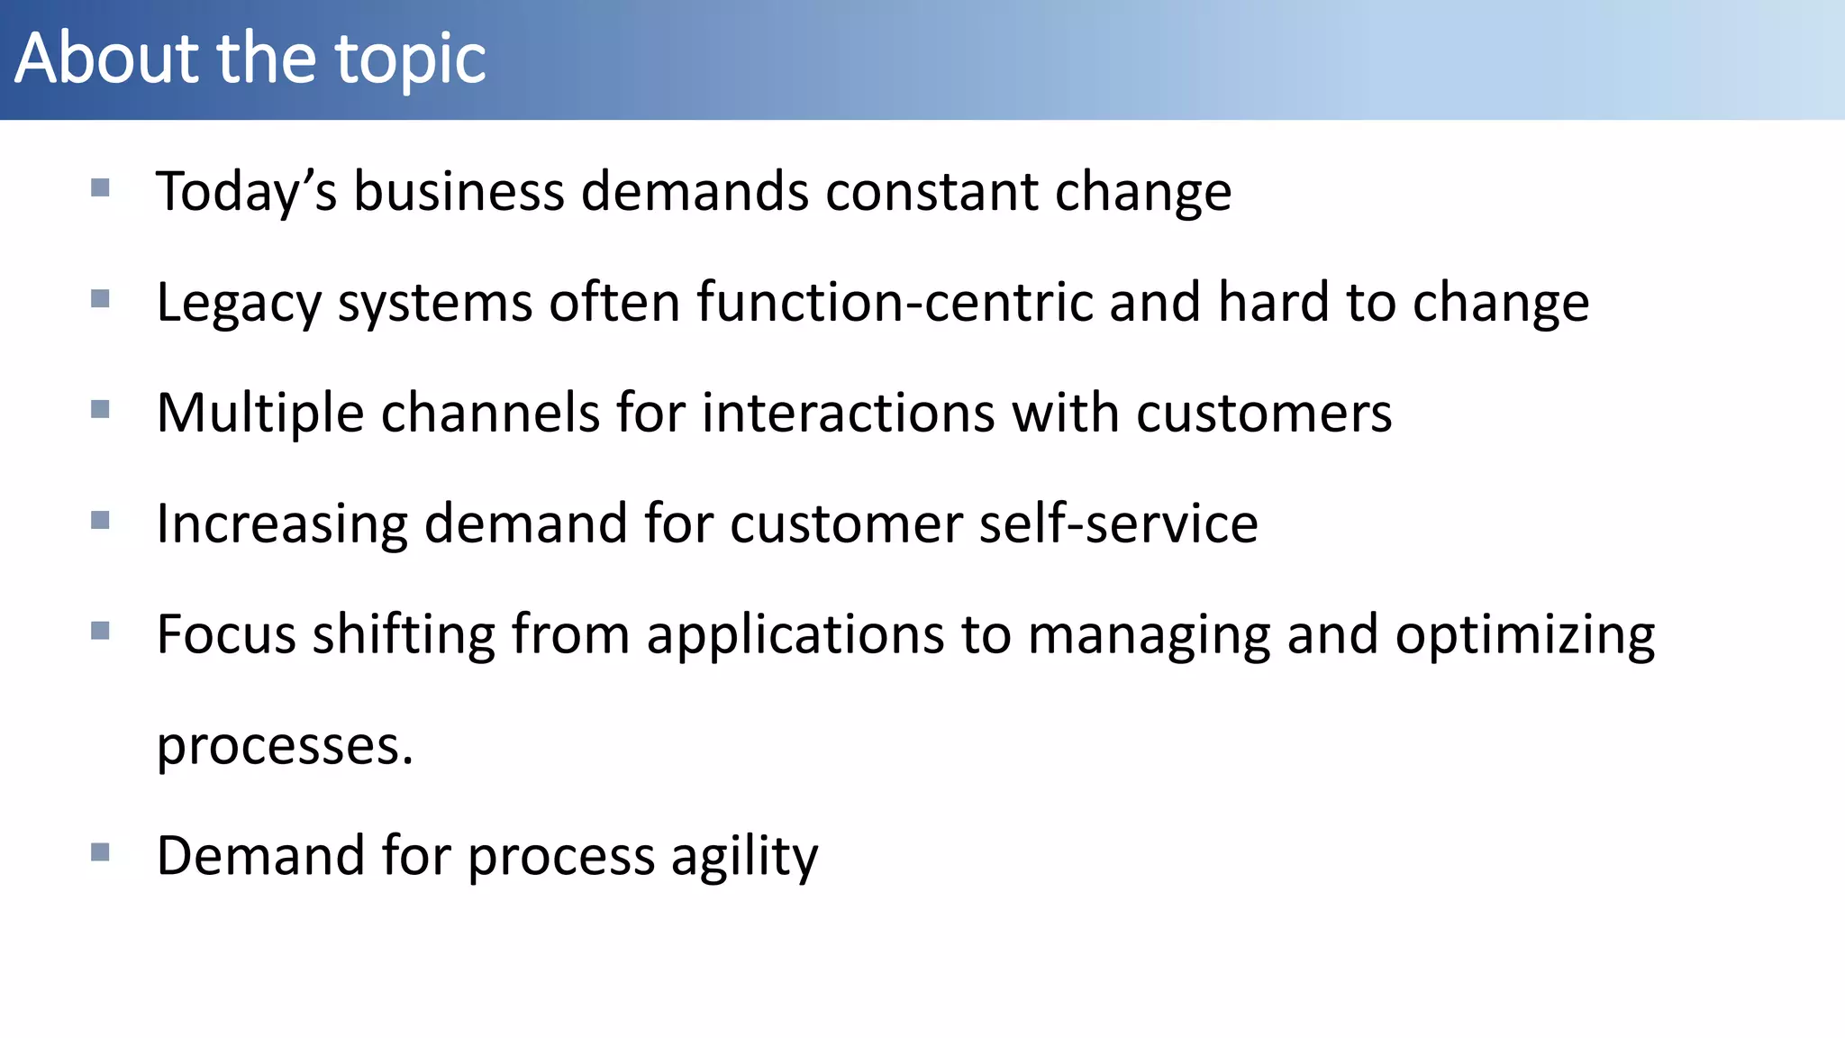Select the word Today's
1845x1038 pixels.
click(246, 193)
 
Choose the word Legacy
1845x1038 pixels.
click(239, 303)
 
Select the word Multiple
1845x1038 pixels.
click(260, 414)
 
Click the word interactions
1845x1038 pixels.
click(848, 413)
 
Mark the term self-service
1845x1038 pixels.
click(1118, 524)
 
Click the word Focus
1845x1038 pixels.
click(226, 634)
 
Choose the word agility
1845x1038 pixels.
click(744, 857)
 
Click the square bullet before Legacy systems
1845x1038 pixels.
click(100, 298)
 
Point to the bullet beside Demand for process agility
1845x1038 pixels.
click(100, 851)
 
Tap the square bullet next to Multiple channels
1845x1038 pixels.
click(100, 410)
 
